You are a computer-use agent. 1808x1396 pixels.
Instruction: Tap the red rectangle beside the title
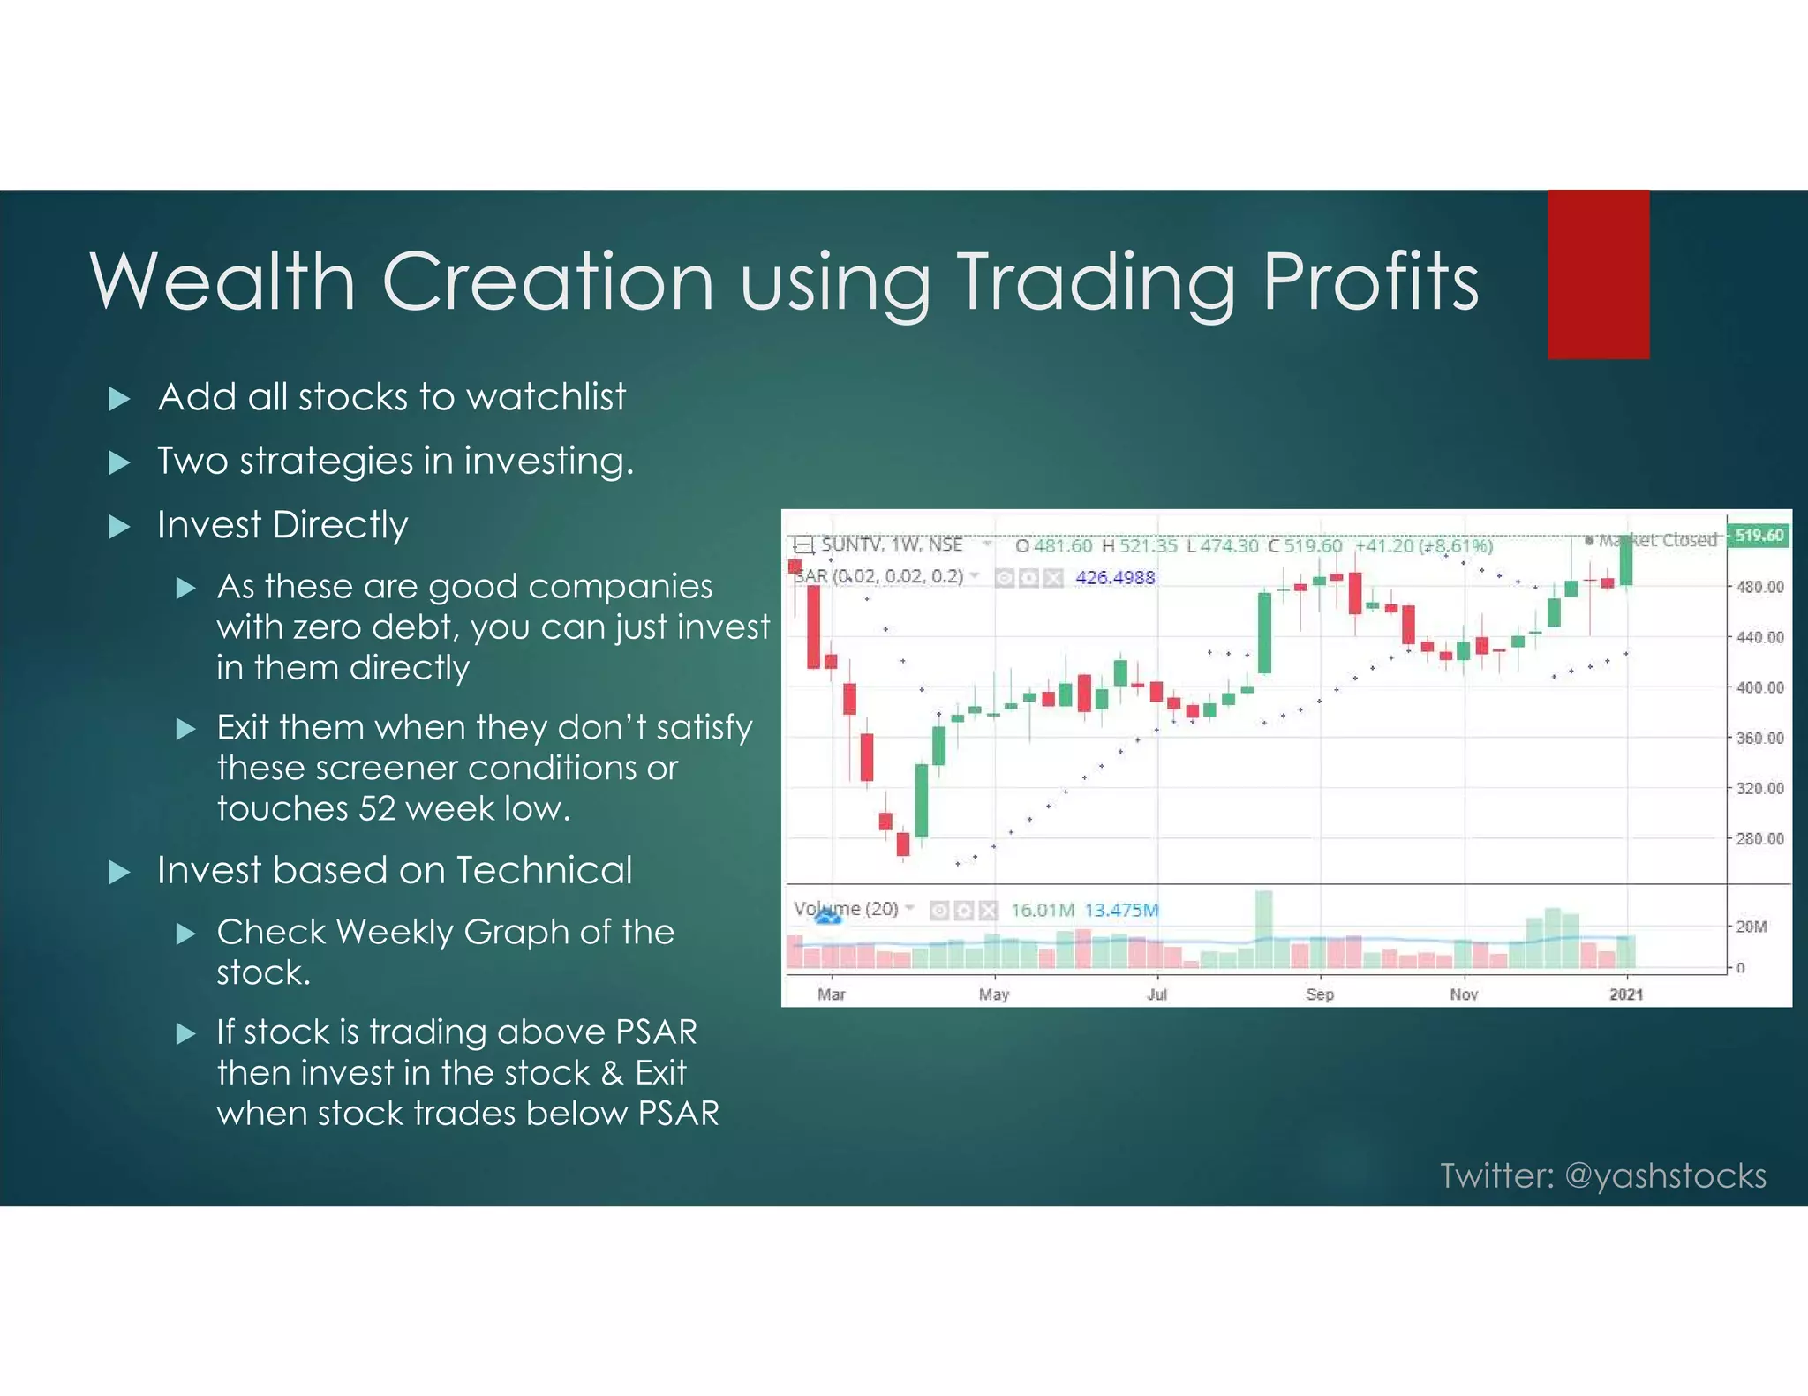[x=1598, y=274]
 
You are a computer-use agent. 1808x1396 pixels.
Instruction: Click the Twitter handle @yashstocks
[x=1665, y=1175]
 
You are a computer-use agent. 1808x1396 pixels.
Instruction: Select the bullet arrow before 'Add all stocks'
[x=119, y=399]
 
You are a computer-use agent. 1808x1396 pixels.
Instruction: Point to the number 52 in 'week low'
[x=377, y=808]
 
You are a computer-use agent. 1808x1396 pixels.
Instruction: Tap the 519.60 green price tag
[x=1759, y=536]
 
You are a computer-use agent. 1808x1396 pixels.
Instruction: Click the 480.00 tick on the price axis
[x=1759, y=587]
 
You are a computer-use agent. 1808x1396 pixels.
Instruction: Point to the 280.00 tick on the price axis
[x=1759, y=838]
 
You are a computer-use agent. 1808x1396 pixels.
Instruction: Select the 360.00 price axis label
[x=1759, y=738]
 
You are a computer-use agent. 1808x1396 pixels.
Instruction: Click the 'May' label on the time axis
[x=993, y=994]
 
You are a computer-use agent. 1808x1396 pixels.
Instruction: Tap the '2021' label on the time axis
[x=1626, y=994]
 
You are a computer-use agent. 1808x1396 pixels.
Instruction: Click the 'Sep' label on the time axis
[x=1320, y=994]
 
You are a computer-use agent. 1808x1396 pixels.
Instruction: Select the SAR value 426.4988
[x=1115, y=578]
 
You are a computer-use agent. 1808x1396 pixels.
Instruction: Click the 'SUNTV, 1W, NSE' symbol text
[x=892, y=545]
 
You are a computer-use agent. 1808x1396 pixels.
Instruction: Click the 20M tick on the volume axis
[x=1751, y=927]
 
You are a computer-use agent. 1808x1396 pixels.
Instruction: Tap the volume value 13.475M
[x=1121, y=910]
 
